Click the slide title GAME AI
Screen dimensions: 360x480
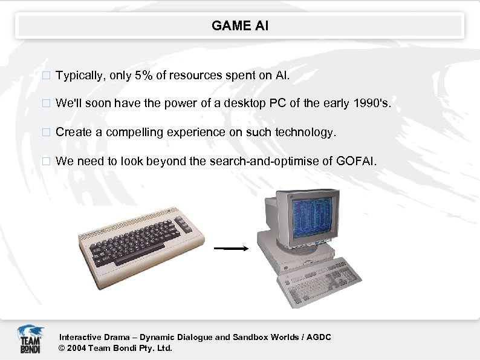point(240,26)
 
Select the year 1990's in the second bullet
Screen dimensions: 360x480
point(373,103)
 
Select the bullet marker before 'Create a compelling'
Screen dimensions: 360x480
point(44,133)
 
